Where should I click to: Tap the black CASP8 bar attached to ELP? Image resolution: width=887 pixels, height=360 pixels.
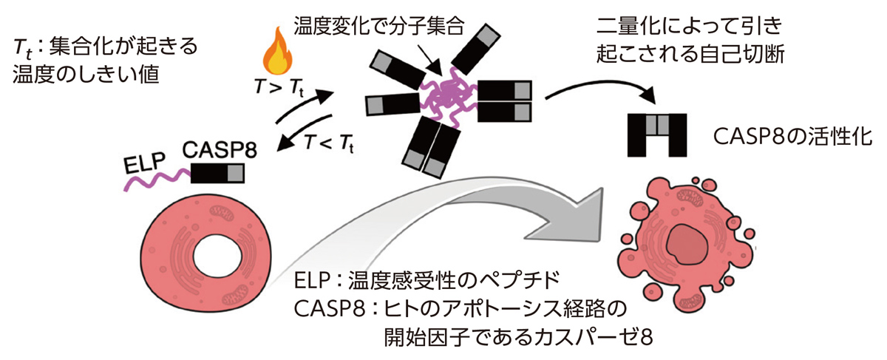click(x=218, y=174)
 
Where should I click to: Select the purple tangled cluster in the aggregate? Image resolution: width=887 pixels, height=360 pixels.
click(x=448, y=96)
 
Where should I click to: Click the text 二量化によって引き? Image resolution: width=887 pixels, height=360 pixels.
click(x=694, y=30)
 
